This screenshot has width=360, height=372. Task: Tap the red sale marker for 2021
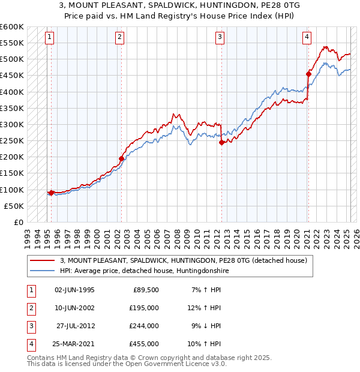(308, 74)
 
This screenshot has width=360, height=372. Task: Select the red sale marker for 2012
(221, 143)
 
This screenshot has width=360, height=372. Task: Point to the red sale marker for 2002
(121, 158)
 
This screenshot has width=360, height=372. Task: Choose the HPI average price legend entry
(144, 271)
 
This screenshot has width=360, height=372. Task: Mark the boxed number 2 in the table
(29, 308)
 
